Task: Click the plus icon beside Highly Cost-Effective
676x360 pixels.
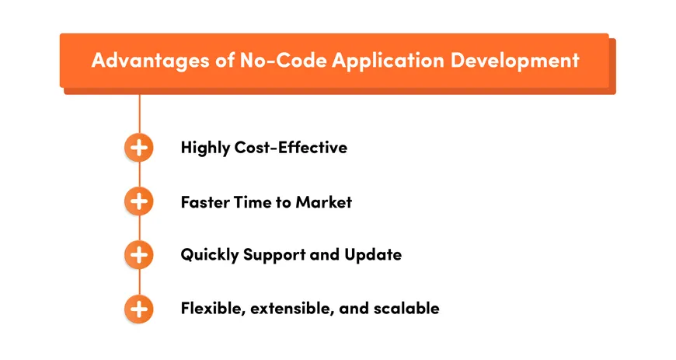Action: pyautogui.click(x=138, y=148)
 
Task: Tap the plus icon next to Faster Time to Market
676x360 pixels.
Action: pyautogui.click(x=138, y=202)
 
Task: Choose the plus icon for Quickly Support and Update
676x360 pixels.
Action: pyautogui.click(x=138, y=254)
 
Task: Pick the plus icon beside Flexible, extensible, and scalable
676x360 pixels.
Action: pyautogui.click(x=138, y=309)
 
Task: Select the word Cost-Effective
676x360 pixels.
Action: pyautogui.click(x=291, y=147)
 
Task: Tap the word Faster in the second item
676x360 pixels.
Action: pyautogui.click(x=204, y=202)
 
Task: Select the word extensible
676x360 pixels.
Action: pyautogui.click(x=287, y=309)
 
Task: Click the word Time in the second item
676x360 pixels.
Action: pyautogui.click(x=252, y=202)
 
